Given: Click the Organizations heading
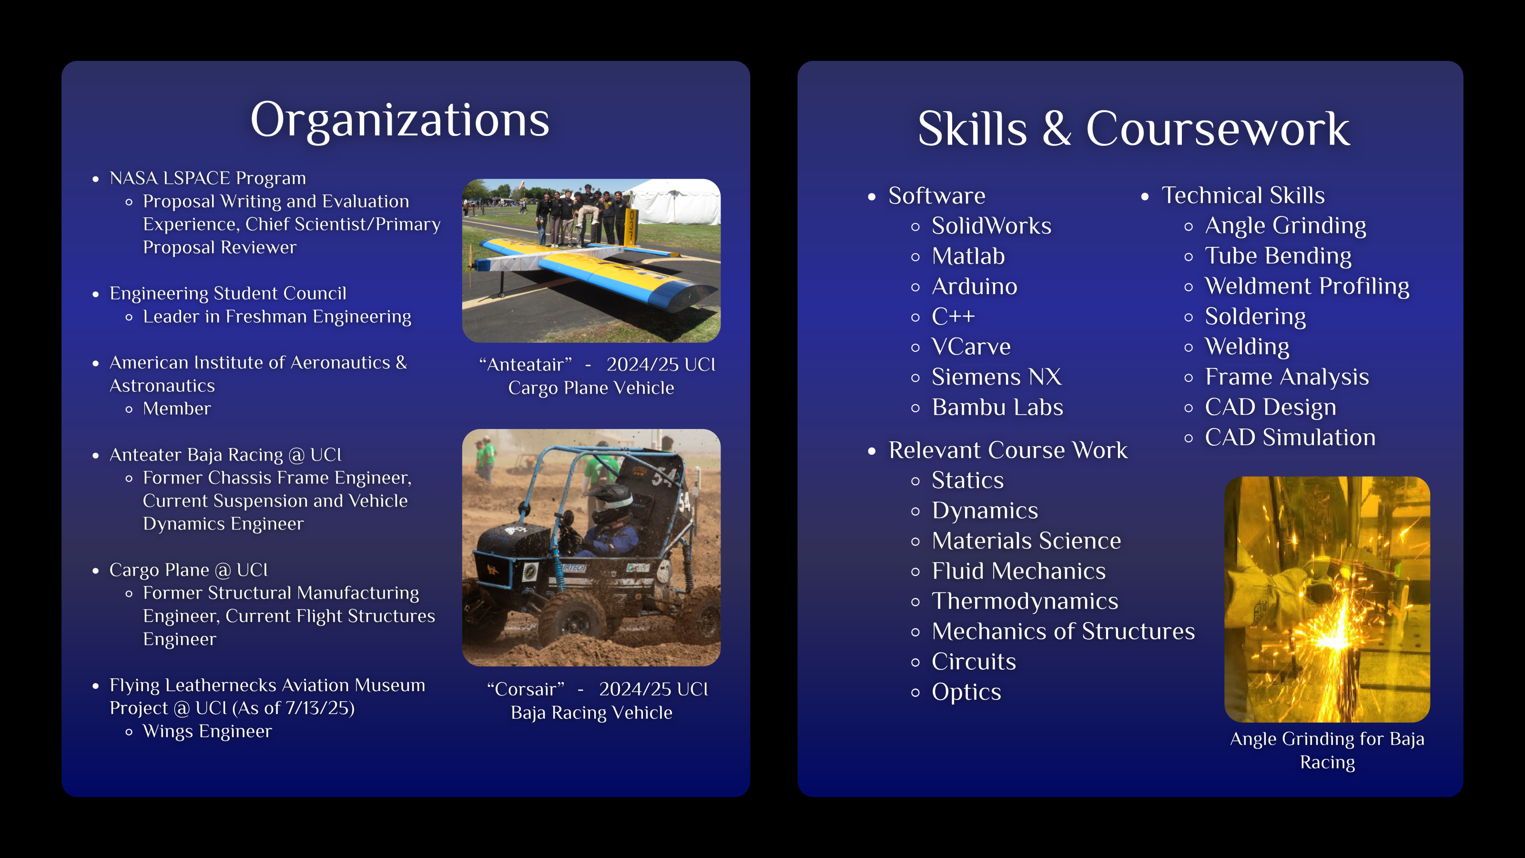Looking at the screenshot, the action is (x=400, y=121).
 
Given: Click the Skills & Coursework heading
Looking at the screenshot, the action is (x=1134, y=129).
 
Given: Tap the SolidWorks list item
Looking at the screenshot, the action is (x=992, y=225).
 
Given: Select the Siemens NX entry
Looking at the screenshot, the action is (x=997, y=377).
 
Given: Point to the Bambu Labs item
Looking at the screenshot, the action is (x=997, y=408).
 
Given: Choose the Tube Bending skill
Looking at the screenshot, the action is (x=1278, y=256).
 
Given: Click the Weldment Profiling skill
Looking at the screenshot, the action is (x=1307, y=286).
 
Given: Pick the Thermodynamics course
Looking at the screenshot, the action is (x=1025, y=601).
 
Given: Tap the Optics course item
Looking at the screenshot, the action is (x=966, y=692).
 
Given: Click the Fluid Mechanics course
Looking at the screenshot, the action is (x=1018, y=571).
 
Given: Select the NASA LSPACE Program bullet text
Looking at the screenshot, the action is (x=208, y=178).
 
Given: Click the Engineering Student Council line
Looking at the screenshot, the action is (x=228, y=294).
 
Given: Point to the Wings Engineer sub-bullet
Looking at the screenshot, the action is (x=207, y=732).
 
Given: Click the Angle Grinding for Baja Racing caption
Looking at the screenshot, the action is (x=1327, y=751).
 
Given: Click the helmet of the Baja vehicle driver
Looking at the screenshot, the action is (x=610, y=502).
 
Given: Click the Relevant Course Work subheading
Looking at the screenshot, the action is (x=1007, y=450).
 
